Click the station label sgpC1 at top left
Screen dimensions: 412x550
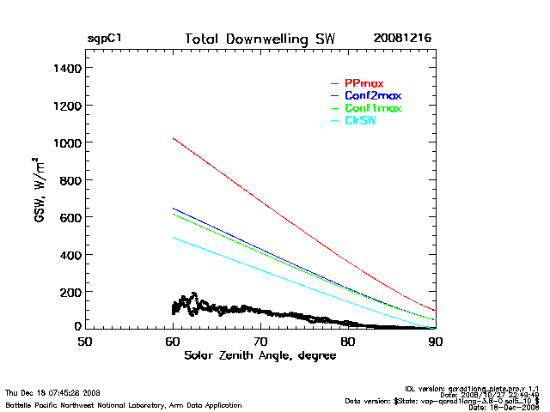[104, 39]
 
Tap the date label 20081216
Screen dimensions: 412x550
[402, 39]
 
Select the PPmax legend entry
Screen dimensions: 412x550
[363, 82]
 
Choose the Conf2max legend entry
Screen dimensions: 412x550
[372, 95]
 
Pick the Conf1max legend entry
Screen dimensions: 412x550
[372, 108]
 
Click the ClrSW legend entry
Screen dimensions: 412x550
[360, 121]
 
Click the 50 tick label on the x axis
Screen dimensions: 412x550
[84, 341]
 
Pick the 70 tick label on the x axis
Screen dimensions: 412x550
[260, 341]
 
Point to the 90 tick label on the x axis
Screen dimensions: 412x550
[436, 341]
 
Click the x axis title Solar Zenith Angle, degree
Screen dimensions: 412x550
[260, 355]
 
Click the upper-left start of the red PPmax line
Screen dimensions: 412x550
[173, 137]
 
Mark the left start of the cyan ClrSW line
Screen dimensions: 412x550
[173, 238]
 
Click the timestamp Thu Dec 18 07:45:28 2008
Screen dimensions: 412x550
[53, 392]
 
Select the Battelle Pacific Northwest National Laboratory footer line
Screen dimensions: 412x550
[123, 404]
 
